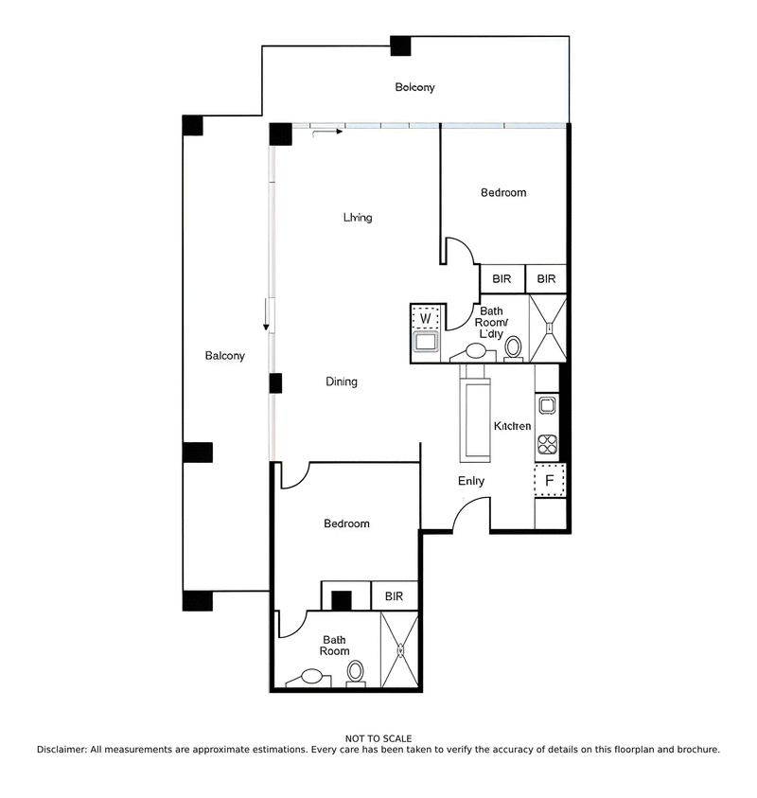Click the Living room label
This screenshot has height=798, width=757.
pos(358,218)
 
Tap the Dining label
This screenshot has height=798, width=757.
pos(342,382)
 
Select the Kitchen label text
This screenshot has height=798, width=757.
pos(512,427)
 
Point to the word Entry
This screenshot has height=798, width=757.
pos(471,481)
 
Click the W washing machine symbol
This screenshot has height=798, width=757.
pos(426,318)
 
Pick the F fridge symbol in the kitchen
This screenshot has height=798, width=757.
pos(549,481)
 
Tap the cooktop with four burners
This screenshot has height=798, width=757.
pos(548,444)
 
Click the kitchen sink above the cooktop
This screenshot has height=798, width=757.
pos(547,406)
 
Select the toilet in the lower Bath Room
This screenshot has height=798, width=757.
pos(356,672)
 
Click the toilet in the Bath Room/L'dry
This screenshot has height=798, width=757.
pos(514,347)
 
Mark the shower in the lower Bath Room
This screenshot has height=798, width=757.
pos(399,650)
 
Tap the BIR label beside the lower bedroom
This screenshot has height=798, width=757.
pos(394,597)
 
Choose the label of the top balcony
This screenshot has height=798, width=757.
pos(414,88)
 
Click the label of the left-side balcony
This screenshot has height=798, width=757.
pos(225,357)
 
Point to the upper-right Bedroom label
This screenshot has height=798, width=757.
pos(503,193)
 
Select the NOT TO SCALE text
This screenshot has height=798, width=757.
pos(378,738)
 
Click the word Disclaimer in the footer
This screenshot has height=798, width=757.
pos(62,750)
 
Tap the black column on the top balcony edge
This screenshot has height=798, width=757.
pos(400,45)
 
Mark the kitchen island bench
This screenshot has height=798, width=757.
pos(474,416)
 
